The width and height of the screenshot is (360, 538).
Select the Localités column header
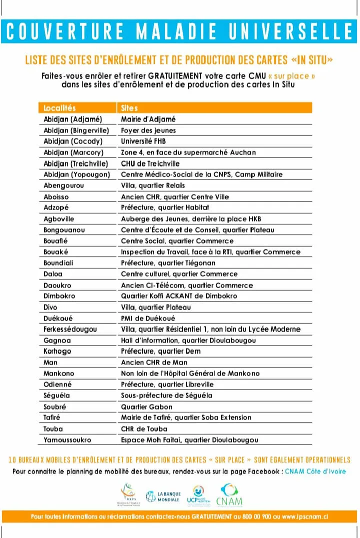click(59, 108)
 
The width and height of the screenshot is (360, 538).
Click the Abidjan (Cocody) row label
click(72, 141)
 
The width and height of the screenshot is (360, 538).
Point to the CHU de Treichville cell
click(150, 163)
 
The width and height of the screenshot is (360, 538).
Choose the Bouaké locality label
click(56, 252)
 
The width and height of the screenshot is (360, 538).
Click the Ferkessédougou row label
click(70, 329)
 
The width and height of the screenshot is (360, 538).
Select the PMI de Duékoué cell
click(148, 318)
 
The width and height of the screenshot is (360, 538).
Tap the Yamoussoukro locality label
click(67, 439)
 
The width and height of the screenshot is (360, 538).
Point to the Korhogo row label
click(57, 351)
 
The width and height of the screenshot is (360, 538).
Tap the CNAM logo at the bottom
click(229, 495)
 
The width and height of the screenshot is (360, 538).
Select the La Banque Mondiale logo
click(163, 496)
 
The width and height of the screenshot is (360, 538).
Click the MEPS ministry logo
click(126, 495)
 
